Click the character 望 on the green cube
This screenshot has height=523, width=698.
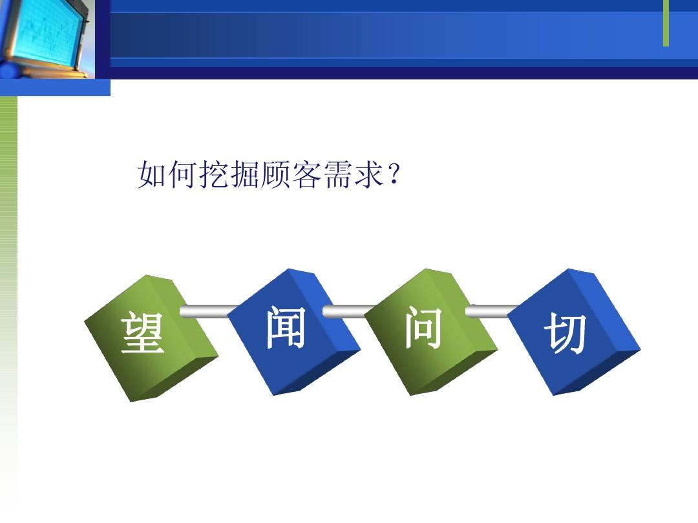(142, 332)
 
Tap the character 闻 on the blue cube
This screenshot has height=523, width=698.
(286, 328)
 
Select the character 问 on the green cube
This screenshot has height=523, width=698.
(423, 328)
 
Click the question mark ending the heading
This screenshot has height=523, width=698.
(394, 174)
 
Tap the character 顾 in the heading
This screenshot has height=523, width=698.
(277, 174)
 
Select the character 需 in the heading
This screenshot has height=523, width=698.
(339, 174)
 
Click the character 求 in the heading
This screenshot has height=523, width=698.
(370, 174)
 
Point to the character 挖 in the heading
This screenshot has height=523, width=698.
(215, 174)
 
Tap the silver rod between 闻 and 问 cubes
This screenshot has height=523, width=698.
(350, 311)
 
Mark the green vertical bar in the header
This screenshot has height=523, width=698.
(666, 23)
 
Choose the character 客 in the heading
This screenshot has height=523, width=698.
(308, 174)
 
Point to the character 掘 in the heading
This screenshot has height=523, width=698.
(246, 174)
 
